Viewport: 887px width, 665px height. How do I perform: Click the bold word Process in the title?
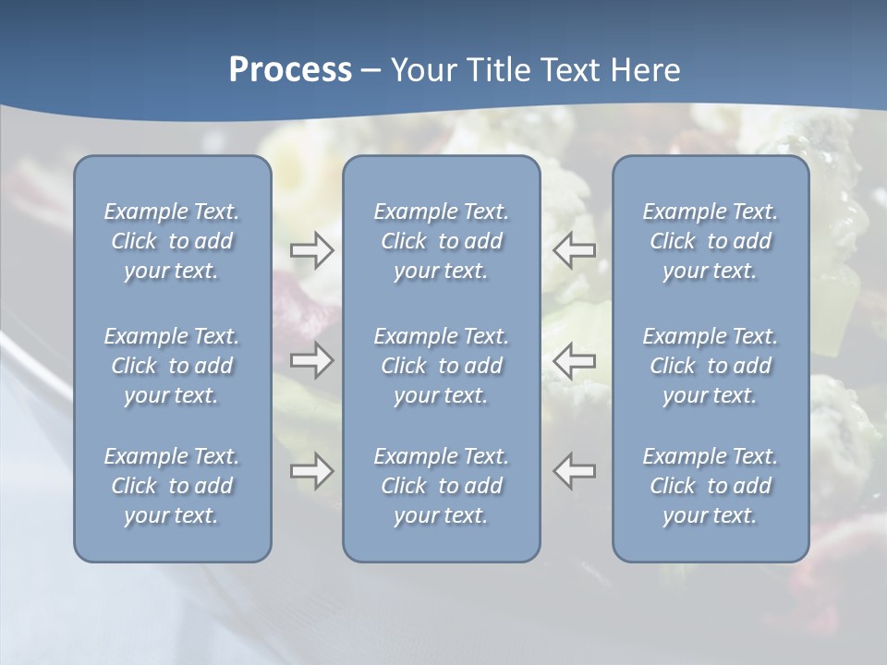(290, 70)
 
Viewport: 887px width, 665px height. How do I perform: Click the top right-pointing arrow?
(311, 249)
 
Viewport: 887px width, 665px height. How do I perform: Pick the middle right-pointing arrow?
(311, 360)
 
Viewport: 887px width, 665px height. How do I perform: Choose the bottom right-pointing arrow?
(311, 471)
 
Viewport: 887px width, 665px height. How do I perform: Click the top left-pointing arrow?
(575, 249)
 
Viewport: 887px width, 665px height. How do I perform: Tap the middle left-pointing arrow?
(575, 360)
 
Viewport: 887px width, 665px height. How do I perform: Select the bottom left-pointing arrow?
(575, 471)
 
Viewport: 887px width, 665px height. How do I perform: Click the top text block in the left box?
(172, 241)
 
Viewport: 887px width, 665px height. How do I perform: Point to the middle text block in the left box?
(172, 366)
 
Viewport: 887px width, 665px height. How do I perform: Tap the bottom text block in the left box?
(172, 486)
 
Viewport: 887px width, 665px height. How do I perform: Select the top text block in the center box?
(441, 241)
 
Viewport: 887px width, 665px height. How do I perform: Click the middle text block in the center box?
(441, 366)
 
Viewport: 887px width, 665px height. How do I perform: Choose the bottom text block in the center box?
(441, 486)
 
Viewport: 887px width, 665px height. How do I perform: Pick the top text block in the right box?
(710, 241)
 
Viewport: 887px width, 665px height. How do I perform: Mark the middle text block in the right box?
(710, 366)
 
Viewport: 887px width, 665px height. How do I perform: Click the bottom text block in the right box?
(710, 486)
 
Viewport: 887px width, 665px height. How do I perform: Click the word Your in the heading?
(421, 70)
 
